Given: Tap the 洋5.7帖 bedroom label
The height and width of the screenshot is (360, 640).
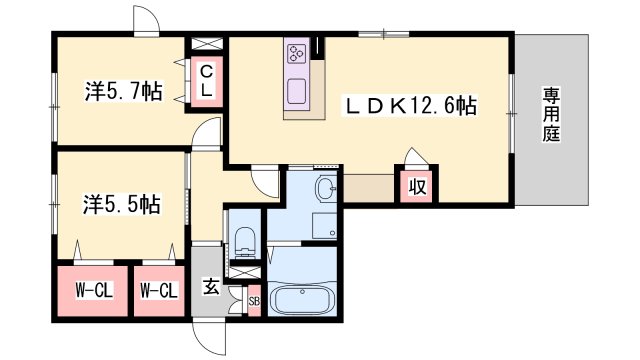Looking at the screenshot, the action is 123,91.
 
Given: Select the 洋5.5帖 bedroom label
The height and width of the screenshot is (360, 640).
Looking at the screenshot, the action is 122,204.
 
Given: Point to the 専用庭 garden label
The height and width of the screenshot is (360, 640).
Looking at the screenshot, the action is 551,115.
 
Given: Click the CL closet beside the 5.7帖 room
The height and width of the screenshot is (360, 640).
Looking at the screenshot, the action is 207,82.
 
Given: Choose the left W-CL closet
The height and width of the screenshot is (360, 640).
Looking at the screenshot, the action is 93,291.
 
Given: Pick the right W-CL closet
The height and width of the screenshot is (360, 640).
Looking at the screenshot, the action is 159,291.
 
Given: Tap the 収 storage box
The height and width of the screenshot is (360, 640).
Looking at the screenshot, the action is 417,187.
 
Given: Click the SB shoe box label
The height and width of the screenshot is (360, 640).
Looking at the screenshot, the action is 254,302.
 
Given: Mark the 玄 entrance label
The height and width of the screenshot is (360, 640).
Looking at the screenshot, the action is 211,286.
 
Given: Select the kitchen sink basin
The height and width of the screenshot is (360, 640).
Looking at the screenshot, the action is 297,91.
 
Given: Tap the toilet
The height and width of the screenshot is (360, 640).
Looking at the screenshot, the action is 245,242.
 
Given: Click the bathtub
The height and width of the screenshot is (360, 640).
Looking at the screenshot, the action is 302,300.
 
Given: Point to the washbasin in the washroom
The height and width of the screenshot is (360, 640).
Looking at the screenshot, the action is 327,188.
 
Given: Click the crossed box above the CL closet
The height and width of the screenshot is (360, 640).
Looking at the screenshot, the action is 207,44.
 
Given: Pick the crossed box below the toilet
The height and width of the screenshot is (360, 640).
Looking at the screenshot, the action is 245,273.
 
